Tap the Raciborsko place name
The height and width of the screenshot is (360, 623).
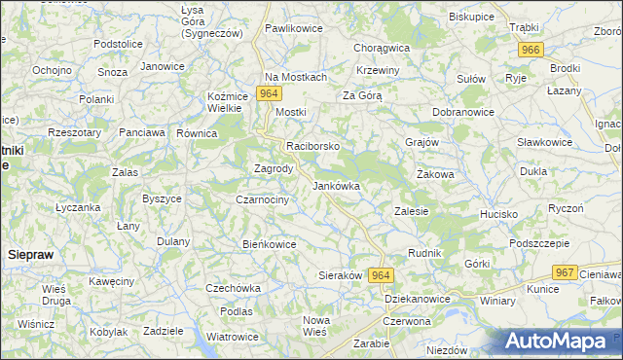coord(312,146)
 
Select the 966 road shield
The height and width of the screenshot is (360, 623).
coord(531,50)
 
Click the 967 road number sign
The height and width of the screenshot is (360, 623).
coord(564,272)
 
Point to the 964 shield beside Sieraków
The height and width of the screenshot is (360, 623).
coord(380,275)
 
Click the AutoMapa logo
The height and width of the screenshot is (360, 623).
coord(560,342)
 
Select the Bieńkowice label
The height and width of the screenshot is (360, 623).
coord(269,244)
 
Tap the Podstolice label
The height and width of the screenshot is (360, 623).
coord(119,45)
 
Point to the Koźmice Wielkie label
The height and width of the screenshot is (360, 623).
coord(231,102)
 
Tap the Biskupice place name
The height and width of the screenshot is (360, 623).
coord(472,17)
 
